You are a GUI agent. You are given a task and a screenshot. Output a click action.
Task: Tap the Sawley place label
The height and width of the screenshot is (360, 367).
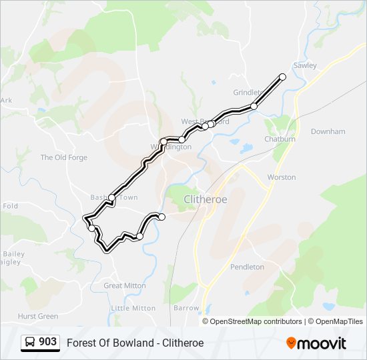click(304, 65)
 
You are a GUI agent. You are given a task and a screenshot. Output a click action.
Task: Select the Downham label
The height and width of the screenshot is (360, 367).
click(328, 132)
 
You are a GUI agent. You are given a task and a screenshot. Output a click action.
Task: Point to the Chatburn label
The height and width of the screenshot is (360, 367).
click(280, 139)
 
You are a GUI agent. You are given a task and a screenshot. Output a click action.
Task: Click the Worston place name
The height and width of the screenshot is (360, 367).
click(281, 177)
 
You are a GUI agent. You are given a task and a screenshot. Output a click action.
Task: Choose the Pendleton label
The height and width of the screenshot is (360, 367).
click(247, 267)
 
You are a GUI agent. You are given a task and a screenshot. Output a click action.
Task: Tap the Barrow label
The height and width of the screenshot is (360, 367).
click(186, 308)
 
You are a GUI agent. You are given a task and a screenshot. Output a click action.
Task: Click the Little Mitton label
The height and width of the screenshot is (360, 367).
click(133, 308)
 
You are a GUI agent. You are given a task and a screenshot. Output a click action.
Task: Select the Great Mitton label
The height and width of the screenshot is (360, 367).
click(124, 285)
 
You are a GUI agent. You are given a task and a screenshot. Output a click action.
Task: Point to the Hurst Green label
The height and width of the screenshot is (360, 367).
click(38, 316)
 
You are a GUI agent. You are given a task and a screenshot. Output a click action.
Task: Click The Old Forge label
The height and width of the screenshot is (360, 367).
click(64, 157)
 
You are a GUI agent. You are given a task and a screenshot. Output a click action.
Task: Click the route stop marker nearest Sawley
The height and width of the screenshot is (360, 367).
click(282, 77)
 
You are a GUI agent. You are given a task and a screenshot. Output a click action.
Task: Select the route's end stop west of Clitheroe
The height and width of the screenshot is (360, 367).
click(161, 217)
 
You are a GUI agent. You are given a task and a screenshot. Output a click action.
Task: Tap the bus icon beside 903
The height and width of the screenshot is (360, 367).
click(30, 343)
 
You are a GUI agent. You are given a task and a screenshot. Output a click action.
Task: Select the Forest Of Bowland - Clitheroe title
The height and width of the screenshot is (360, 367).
click(135, 343)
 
